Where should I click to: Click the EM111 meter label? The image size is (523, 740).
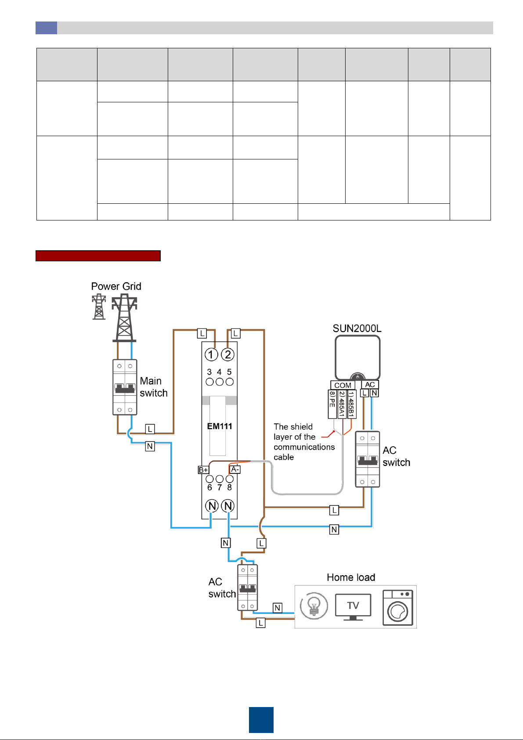pos(220,426)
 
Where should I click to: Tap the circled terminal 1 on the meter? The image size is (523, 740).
pos(211,354)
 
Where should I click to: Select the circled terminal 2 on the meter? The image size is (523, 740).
pos(227,354)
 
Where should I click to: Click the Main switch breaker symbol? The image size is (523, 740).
pos(125,387)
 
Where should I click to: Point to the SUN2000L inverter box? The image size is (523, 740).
pos(357,358)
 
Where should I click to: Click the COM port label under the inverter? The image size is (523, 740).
pos(343,385)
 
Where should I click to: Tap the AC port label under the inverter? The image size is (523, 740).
pos(370,385)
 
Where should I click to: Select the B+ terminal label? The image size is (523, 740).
pos(203,470)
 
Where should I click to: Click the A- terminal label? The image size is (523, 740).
pos(234,469)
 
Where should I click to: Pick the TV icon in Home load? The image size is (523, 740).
pos(353,607)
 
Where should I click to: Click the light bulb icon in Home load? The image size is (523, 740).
pos(314,606)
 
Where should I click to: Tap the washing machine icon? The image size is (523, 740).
pos(398,608)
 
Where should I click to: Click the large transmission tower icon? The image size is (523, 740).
pos(124,318)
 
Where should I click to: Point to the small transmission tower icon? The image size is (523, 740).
pos(99,307)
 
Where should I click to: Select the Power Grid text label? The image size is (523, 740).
pos(116,286)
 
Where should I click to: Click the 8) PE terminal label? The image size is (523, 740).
pos(332,404)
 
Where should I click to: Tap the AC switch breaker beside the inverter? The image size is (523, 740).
pos(368,459)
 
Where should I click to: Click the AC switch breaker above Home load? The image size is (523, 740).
pos(248,588)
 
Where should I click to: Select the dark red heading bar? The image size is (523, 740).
pos(98,256)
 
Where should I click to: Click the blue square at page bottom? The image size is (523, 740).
pos(261,720)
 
